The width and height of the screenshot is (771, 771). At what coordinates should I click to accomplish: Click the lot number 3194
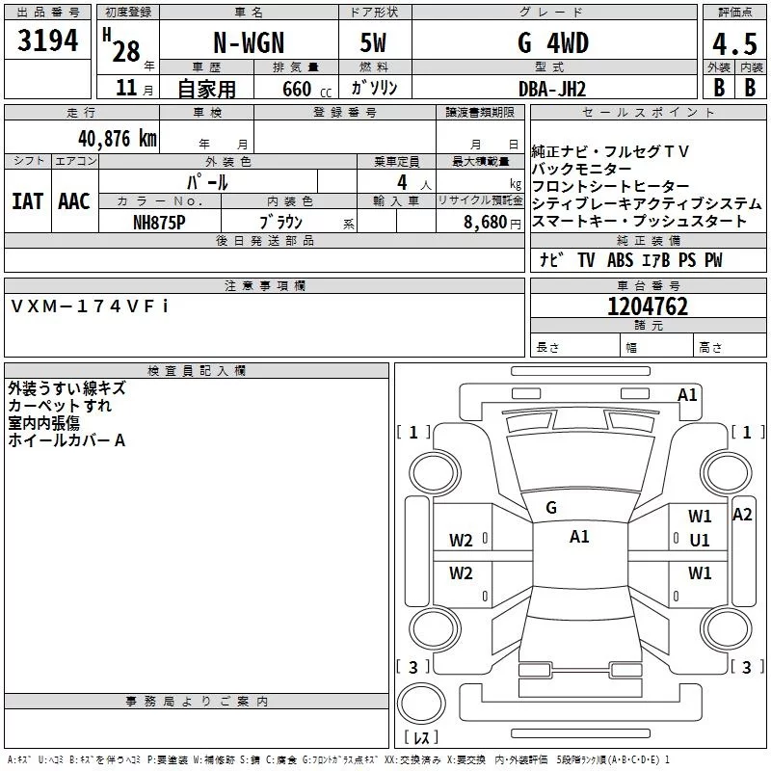pyautogui.click(x=47, y=41)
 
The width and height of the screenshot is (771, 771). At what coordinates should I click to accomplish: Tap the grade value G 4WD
pyautogui.click(x=553, y=43)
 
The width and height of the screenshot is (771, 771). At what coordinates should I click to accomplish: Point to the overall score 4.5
pyautogui.click(x=733, y=44)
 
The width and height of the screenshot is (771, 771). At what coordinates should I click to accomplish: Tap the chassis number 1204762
pyautogui.click(x=648, y=306)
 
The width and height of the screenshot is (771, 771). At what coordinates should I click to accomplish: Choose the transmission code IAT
pyautogui.click(x=28, y=201)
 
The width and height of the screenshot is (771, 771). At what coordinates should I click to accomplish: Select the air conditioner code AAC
pyautogui.click(x=74, y=201)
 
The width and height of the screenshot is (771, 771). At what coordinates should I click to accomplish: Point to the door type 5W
pyautogui.click(x=373, y=43)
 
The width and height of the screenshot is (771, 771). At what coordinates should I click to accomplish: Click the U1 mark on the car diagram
pyautogui.click(x=700, y=541)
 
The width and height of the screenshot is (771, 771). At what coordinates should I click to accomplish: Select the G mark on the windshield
pyautogui.click(x=551, y=508)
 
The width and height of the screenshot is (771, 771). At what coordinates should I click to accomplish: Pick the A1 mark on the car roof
pyautogui.click(x=579, y=537)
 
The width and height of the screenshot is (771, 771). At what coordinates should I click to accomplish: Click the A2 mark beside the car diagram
pyautogui.click(x=742, y=515)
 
